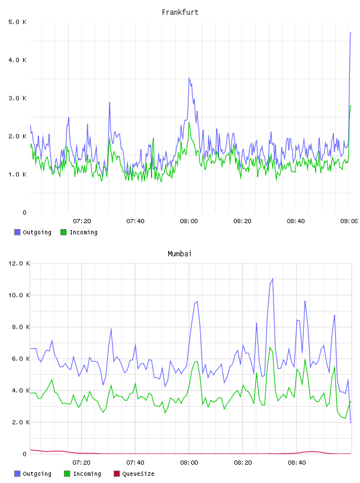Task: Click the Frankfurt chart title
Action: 180,12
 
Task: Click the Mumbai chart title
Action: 179,254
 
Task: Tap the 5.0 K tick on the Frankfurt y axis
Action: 17,22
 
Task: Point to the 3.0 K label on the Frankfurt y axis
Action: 17,98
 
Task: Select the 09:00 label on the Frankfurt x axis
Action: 349,221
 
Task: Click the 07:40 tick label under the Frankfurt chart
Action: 136,221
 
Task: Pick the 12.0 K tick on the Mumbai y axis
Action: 19,263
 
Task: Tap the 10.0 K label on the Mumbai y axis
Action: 19,295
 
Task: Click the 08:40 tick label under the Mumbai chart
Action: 297,463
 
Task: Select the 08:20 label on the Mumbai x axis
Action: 243,463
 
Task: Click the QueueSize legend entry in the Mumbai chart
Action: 134,474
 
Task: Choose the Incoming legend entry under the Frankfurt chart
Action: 79,232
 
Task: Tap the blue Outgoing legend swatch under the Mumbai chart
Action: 17,474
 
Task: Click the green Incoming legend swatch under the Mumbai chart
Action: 67,474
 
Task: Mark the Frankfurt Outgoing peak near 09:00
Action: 351,33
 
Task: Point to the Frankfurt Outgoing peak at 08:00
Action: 189,78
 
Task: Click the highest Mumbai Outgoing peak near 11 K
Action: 272,279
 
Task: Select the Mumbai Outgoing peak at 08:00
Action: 197,301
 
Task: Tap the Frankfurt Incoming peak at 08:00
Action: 189,123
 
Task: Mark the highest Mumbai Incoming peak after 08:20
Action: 270,348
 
